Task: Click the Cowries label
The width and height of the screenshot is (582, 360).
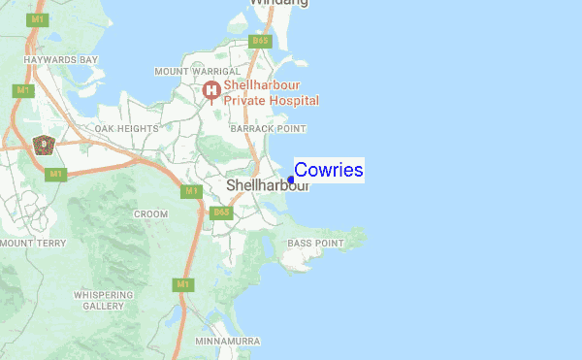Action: [x=329, y=171]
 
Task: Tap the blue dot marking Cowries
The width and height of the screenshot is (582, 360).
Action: [x=291, y=180]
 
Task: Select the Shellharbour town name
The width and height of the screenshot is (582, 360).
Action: [x=267, y=184]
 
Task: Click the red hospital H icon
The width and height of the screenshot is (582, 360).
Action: [x=211, y=91]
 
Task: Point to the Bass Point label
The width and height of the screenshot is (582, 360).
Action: [x=316, y=243]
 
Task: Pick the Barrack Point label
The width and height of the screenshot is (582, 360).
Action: [x=268, y=128]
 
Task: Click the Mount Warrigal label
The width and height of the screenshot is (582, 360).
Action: [x=197, y=72]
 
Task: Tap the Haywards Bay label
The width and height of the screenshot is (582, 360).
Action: [x=62, y=60]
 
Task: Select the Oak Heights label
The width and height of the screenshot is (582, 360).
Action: [x=126, y=128]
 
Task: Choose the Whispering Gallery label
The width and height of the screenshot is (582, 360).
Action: [x=102, y=300]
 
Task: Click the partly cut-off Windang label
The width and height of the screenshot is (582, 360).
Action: [x=279, y=3]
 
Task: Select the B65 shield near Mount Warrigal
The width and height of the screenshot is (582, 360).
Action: [x=259, y=41]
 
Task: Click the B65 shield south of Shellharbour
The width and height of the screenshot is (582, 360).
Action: [x=221, y=212]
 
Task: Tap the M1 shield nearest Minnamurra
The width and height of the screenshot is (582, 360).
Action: [x=181, y=284]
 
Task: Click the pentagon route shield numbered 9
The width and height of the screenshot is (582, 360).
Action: [x=42, y=146]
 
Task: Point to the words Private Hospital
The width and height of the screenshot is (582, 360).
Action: [x=272, y=100]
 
